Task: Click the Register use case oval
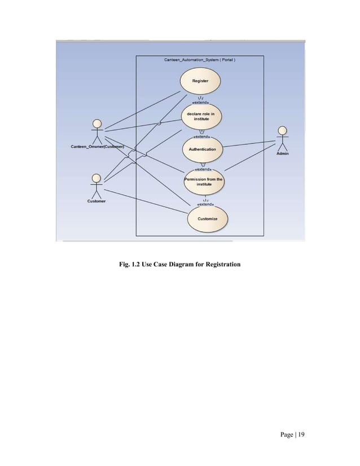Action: click(x=200, y=82)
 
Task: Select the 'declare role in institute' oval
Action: click(x=200, y=117)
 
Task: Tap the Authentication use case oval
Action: click(x=202, y=150)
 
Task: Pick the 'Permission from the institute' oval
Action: click(x=203, y=182)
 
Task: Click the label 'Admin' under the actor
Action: click(x=283, y=154)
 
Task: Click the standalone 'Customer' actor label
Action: click(x=96, y=201)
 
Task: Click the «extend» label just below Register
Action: click(x=201, y=102)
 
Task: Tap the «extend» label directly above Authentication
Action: click(x=202, y=136)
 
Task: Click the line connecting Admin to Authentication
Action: click(x=248, y=146)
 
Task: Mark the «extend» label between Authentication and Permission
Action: click(x=203, y=169)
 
